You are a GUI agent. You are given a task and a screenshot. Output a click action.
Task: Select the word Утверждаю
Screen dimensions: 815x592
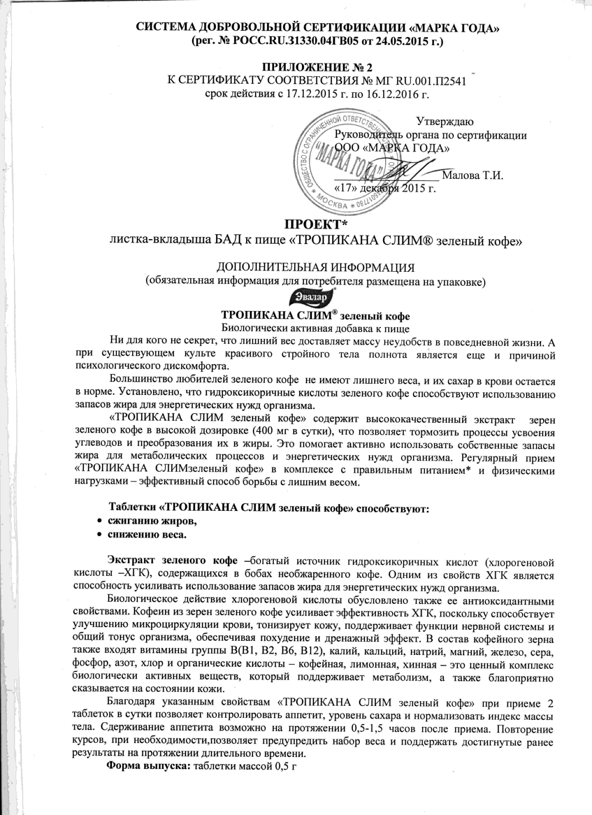(445, 121)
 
